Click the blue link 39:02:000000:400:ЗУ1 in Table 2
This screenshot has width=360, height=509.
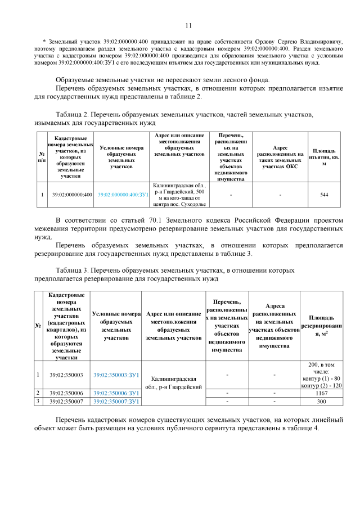[x=122, y=195]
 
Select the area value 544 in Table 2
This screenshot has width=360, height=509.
[x=324, y=195]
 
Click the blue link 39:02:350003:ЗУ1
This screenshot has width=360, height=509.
[x=116, y=375]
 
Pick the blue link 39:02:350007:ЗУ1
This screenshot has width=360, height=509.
[x=116, y=402]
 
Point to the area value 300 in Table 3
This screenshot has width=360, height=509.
[x=321, y=402]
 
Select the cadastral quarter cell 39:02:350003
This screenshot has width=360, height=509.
[x=66, y=375]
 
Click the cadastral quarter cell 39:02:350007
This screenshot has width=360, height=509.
[x=66, y=402]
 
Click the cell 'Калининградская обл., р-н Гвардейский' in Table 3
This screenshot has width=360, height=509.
[x=173, y=383]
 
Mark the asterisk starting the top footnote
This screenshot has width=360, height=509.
[x=44, y=42]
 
